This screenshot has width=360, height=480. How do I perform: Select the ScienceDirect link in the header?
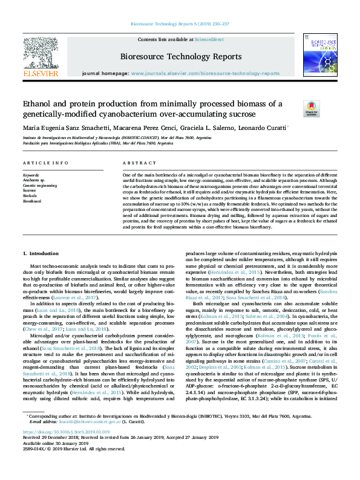pos(209,39)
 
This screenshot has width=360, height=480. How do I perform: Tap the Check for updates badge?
pos(294,108)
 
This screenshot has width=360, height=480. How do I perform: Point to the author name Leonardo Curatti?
pos(264,128)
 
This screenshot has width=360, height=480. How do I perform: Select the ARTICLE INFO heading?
pos(45,163)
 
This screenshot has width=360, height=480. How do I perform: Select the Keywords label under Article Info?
pos(30,175)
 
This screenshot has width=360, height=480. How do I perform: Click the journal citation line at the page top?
pos(179,25)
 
